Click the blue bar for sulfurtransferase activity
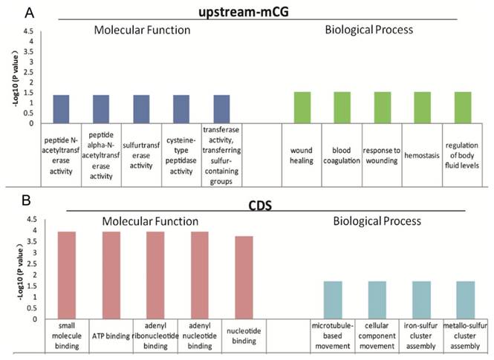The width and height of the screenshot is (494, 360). point(141,109)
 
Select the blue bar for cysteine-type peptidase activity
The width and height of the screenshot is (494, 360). point(181,109)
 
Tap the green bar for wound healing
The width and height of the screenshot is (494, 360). point(302,108)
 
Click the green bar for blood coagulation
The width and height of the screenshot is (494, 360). point(342,108)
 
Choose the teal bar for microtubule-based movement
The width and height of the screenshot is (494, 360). point(334,300)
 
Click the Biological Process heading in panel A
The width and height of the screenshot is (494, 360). point(369,30)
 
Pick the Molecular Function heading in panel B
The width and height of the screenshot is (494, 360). point(152,220)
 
